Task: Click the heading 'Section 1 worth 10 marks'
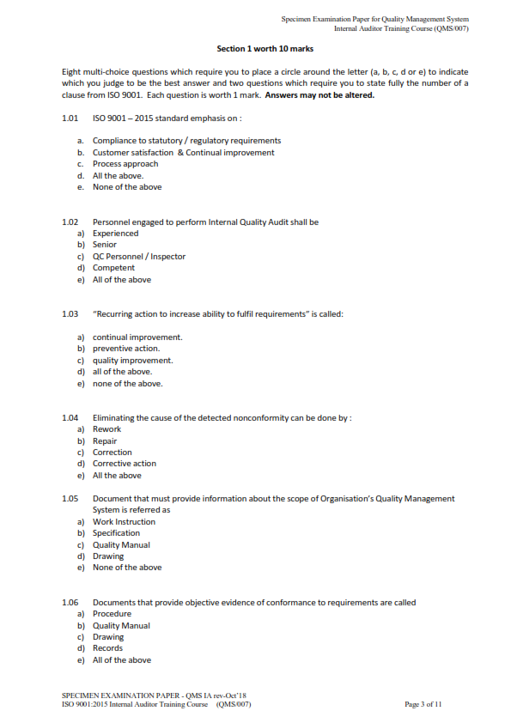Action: (x=265, y=49)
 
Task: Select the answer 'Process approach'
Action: (x=125, y=164)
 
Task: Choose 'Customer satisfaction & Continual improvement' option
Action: (x=183, y=152)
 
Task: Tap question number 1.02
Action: (x=70, y=222)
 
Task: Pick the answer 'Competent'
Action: (x=113, y=268)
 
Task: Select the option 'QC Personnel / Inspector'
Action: (x=138, y=256)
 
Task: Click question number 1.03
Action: (x=70, y=314)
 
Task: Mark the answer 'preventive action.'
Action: (x=125, y=349)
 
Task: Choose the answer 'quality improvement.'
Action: (x=132, y=361)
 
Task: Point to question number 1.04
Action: (x=70, y=418)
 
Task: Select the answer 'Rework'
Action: (x=106, y=429)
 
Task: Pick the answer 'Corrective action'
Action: (x=125, y=464)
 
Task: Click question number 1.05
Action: (x=70, y=499)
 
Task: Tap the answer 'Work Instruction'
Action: (x=124, y=522)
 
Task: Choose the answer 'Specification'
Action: (x=116, y=533)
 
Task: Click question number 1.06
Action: (x=70, y=603)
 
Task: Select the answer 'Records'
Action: (x=107, y=648)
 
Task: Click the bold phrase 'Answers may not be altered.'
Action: (x=319, y=95)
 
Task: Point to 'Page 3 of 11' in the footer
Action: (x=423, y=704)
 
